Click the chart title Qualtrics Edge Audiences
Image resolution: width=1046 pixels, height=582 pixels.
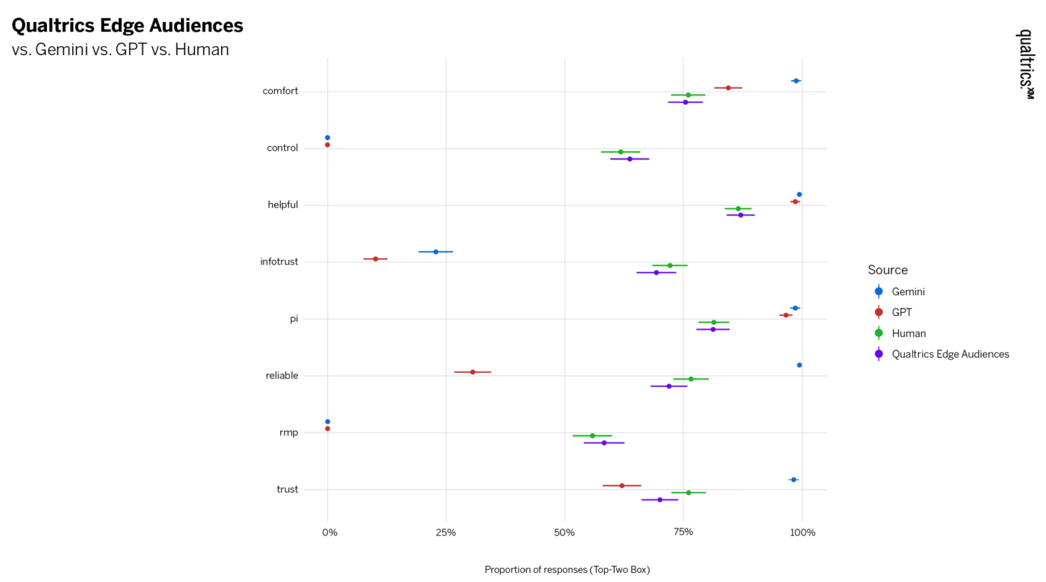click(x=127, y=26)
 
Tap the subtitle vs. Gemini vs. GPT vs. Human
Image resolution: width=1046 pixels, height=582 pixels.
click(x=121, y=50)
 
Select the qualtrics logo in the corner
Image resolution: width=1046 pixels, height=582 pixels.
click(x=1025, y=64)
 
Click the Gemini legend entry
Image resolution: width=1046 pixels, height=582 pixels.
click(x=908, y=292)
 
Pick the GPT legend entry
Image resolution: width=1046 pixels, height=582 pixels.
click(x=901, y=312)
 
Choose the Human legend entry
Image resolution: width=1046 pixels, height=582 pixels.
click(x=908, y=333)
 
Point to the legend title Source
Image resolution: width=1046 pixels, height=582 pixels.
click(x=888, y=270)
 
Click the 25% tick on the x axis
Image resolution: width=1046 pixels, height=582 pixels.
click(x=446, y=532)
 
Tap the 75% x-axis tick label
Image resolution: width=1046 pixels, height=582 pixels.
click(x=683, y=532)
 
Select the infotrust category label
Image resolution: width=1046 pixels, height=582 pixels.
click(x=279, y=262)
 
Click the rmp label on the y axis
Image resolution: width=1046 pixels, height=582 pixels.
click(x=289, y=432)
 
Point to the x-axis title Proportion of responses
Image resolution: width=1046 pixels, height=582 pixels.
click(x=567, y=569)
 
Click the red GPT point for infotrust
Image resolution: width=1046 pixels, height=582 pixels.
click(x=375, y=259)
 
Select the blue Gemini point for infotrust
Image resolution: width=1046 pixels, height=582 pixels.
click(x=436, y=252)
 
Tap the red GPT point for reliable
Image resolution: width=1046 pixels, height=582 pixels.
click(x=472, y=372)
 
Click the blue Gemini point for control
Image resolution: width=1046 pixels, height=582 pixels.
click(x=327, y=137)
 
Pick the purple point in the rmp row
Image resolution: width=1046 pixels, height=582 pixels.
click(x=604, y=443)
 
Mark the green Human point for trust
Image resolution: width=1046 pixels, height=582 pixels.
click(x=688, y=493)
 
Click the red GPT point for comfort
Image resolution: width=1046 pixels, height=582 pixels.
click(x=728, y=88)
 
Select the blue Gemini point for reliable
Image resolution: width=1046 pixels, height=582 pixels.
click(x=799, y=365)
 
